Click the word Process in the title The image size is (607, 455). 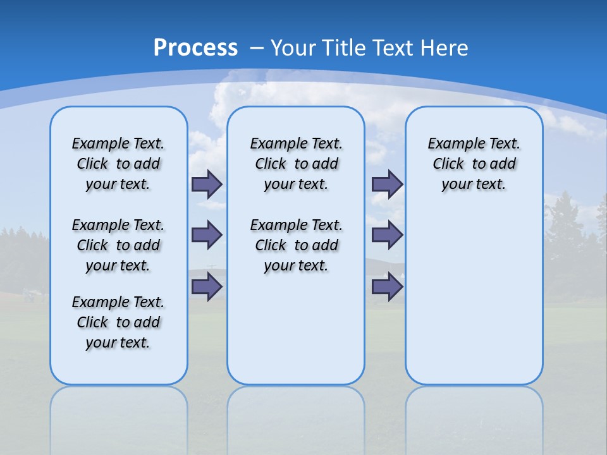[x=195, y=47]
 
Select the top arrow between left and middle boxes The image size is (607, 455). [x=207, y=185]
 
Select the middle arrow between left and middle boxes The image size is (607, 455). [x=207, y=235]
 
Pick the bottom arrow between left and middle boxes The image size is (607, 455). [x=207, y=287]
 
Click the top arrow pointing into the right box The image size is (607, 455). [x=387, y=185]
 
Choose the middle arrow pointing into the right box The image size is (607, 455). [x=387, y=235]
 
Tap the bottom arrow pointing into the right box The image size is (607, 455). [x=387, y=287]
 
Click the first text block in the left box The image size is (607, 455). [x=118, y=164]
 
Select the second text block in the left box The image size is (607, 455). [x=118, y=245]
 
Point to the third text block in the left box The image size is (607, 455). [x=118, y=322]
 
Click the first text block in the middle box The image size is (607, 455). [x=297, y=164]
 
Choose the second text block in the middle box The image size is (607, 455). [x=297, y=245]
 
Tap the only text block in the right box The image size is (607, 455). [x=474, y=164]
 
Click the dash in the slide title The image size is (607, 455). [x=257, y=48]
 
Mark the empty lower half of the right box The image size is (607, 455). [x=474, y=303]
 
